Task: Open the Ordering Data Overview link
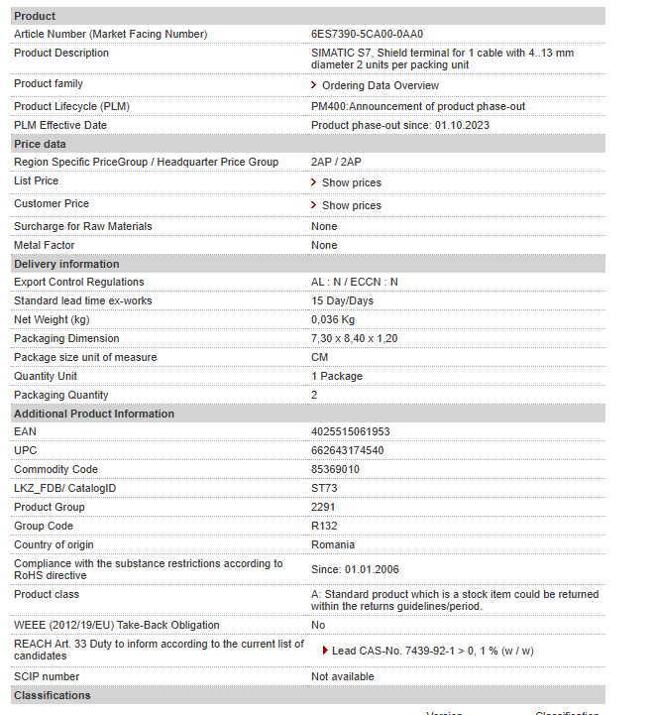coord(380,85)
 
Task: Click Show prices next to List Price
coord(351,182)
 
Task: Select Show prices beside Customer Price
coord(351,205)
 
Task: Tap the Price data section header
coord(40,144)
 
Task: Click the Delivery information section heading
coord(65,264)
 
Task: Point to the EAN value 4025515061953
coord(350,431)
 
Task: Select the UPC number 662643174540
coord(347,450)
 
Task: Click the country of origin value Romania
coord(333,544)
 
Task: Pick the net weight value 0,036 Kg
coord(332,319)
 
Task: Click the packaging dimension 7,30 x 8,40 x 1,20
coord(354,338)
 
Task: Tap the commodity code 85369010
coord(335,469)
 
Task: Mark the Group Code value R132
coord(323,526)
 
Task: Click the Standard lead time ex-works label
coord(82,300)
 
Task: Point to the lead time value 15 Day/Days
coord(342,300)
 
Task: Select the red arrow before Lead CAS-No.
coord(325,651)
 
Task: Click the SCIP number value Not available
coord(342,676)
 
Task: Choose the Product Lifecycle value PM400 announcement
coord(417,106)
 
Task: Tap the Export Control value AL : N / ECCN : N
coord(354,282)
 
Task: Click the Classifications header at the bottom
coord(52,695)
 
